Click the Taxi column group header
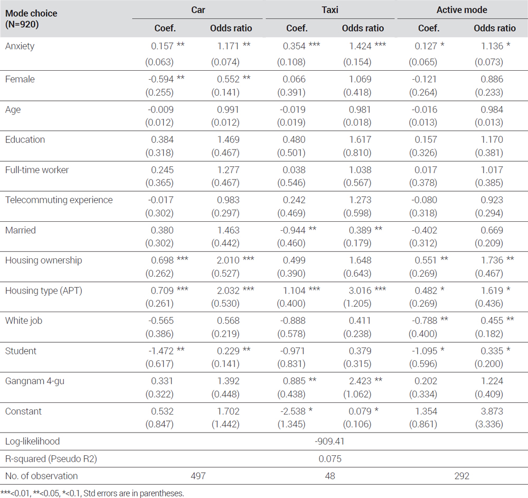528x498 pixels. [x=329, y=10]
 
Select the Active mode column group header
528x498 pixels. [x=461, y=10]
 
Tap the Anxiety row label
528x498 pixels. [x=20, y=46]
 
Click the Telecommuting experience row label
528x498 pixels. [x=59, y=200]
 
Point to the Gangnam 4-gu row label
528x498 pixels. [x=35, y=381]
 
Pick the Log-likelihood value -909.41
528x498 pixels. [x=329, y=441]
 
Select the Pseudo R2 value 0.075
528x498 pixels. [x=330, y=459]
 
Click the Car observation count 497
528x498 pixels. [x=198, y=476]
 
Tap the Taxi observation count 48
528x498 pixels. [x=330, y=476]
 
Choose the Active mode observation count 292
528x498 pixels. [x=461, y=476]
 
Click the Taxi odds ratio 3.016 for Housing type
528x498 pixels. [x=360, y=290]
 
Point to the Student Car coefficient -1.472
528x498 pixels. [x=161, y=351]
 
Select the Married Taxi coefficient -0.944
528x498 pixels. [x=293, y=230]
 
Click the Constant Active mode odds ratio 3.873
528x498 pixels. [x=492, y=411]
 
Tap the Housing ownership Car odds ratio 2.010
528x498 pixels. [x=228, y=260]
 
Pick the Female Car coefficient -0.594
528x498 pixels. [x=161, y=79]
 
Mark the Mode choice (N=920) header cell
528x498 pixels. [x=31, y=19]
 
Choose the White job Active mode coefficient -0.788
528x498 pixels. [x=425, y=321]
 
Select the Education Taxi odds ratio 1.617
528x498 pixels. [x=360, y=140]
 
